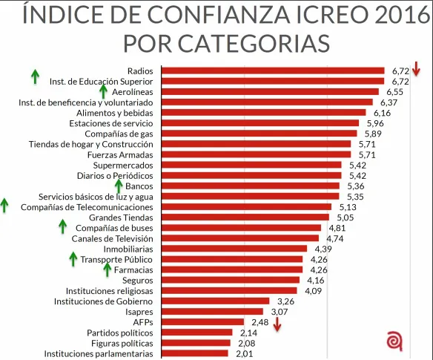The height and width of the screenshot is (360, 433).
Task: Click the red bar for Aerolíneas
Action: click(x=270, y=92)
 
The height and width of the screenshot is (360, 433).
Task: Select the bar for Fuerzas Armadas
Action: click(x=256, y=154)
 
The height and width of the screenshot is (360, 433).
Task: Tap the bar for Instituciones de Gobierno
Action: click(x=216, y=301)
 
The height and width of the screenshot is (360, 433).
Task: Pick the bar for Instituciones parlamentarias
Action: click(x=195, y=353)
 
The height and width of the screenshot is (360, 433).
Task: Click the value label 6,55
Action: click(x=394, y=92)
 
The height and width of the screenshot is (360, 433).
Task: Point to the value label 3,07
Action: click(x=280, y=312)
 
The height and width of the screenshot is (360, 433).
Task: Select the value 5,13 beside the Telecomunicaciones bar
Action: click(x=348, y=207)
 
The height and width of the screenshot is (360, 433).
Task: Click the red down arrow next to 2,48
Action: click(x=277, y=324)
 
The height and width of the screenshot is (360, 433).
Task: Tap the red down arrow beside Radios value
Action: click(x=416, y=68)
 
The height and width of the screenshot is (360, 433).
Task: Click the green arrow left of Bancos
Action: click(x=119, y=186)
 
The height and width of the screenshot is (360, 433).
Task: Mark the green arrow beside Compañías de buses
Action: click(x=63, y=226)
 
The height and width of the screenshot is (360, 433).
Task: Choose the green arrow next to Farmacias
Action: click(x=108, y=269)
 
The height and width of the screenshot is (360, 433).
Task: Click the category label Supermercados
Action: click(x=123, y=166)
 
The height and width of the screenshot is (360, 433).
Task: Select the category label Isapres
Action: click(x=139, y=312)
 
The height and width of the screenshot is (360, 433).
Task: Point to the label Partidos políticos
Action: click(x=120, y=333)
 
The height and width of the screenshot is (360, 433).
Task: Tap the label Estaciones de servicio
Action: click(x=111, y=123)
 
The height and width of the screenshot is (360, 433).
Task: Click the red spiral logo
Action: click(x=394, y=341)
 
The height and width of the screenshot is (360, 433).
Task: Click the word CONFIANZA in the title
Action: click(x=201, y=14)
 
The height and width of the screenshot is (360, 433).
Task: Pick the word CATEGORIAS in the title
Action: click(x=254, y=43)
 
